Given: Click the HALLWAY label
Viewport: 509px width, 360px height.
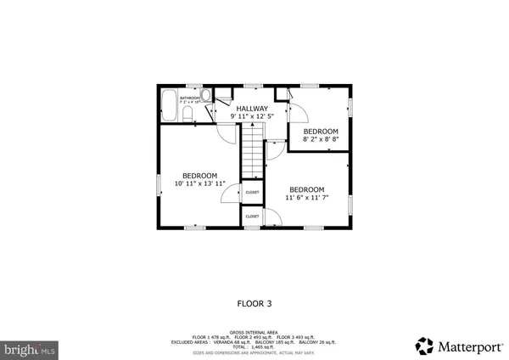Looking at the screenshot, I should coord(252,109).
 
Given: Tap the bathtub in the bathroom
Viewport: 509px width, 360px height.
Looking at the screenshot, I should coord(168,105).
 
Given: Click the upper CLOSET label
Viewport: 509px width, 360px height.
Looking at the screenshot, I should coord(253,193).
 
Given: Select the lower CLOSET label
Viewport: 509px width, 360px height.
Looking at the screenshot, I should coord(253,217).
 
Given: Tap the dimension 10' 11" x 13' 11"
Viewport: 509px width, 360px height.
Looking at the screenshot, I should coord(200,184).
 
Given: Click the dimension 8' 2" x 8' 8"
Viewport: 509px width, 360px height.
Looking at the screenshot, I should coord(321,141).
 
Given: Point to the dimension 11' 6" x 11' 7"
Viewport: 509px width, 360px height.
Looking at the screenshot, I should coord(306,199).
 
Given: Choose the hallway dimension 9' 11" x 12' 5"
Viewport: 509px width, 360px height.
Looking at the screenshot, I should coord(252,117).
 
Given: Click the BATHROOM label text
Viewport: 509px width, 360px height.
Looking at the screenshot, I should coord(189,98).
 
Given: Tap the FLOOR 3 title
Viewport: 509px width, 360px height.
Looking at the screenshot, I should coord(254,302).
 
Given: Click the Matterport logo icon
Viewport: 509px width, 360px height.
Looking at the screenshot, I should coord(423,345).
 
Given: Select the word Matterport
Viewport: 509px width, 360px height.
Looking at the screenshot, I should coord(467,346).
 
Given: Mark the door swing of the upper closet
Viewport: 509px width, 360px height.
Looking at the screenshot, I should coord(231,195).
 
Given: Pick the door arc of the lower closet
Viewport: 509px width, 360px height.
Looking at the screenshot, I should coord(271,219).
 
